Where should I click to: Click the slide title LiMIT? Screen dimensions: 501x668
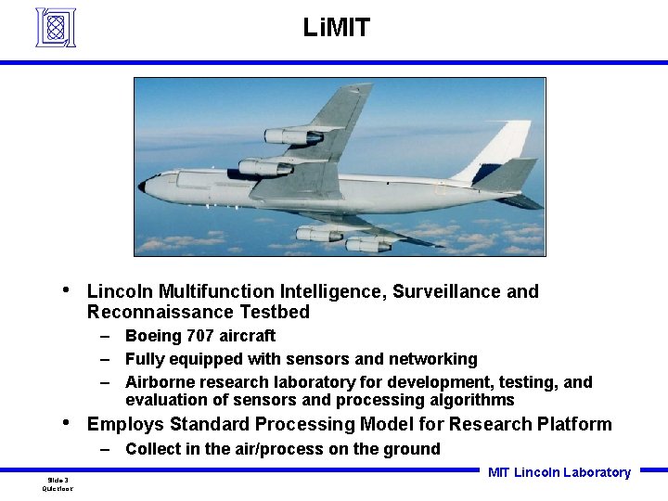point(336,28)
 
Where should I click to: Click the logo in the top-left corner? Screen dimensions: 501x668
point(55,27)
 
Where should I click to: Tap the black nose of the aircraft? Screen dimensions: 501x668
point(142,186)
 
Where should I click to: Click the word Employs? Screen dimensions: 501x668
point(122,425)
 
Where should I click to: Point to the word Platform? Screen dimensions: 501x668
point(574,425)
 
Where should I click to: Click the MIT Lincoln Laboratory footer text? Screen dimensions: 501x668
point(559,472)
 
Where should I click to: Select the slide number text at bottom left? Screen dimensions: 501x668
point(58,480)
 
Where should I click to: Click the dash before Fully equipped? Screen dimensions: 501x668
point(108,359)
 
